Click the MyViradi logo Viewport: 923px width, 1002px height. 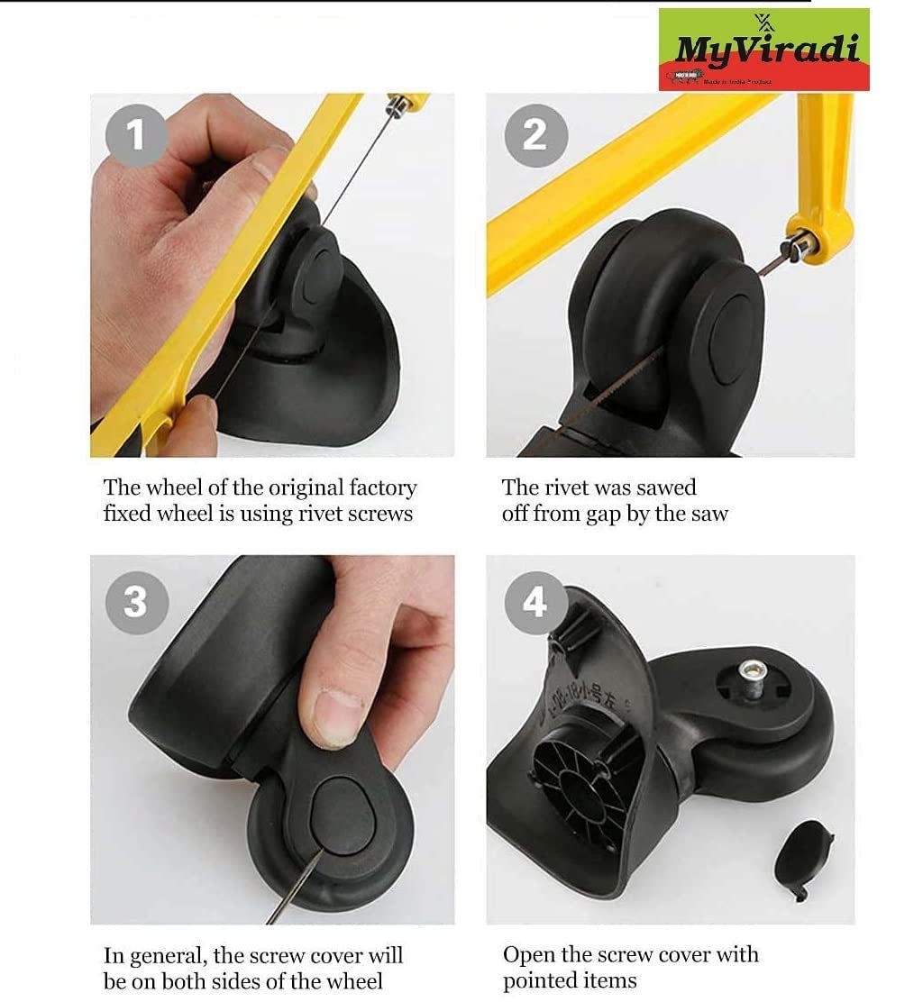(x=763, y=50)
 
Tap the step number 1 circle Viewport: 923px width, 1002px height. (x=136, y=135)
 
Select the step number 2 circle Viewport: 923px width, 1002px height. (x=535, y=135)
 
